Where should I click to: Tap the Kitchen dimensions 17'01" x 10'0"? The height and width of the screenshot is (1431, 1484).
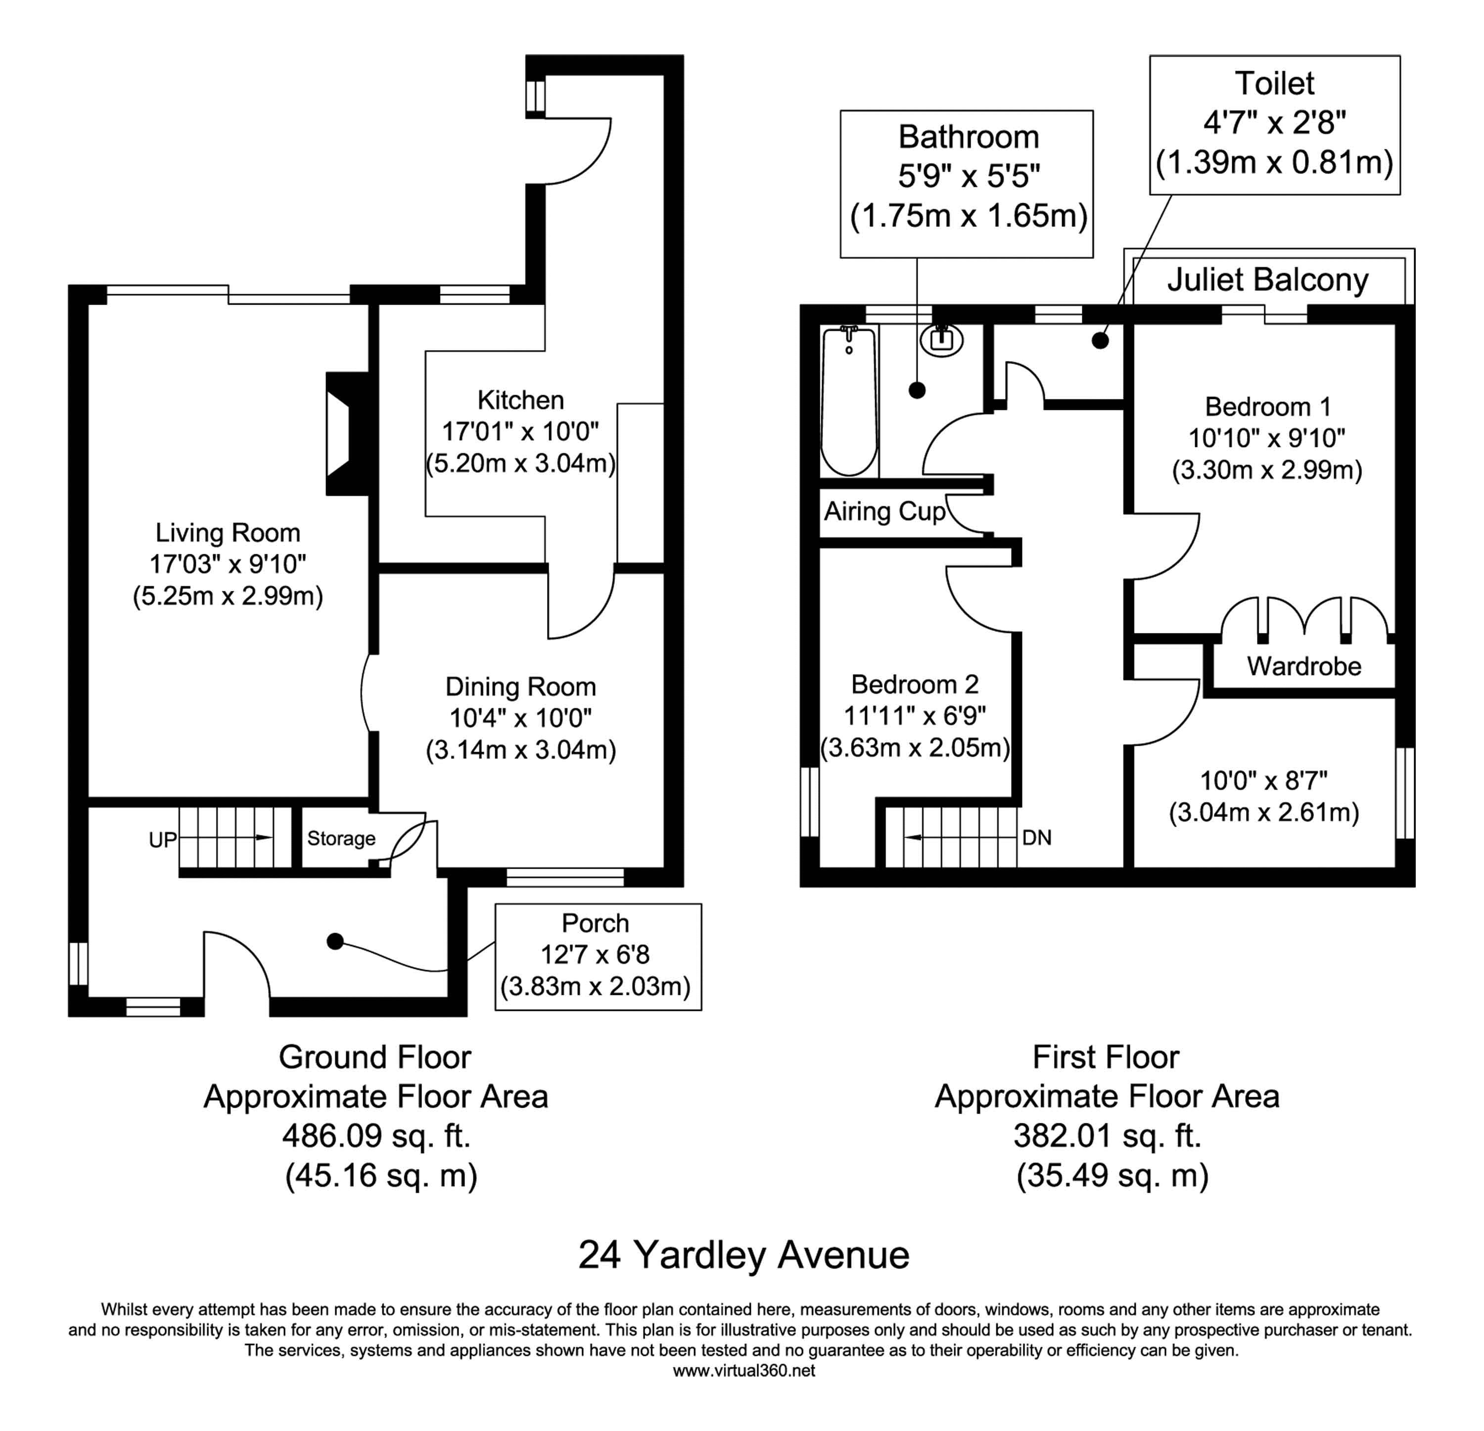[x=520, y=431]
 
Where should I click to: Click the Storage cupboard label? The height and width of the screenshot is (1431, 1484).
[x=341, y=839]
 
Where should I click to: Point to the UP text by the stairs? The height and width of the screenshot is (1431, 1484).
[x=163, y=840]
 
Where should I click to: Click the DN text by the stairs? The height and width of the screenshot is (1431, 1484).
[x=1036, y=838]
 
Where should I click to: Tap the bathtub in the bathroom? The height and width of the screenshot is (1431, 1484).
[x=849, y=401]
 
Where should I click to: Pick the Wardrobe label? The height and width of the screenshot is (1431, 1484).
[x=1304, y=666]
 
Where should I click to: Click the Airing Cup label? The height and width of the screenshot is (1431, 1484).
[x=884, y=512]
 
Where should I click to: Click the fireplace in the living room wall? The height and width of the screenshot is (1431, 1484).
[x=338, y=434]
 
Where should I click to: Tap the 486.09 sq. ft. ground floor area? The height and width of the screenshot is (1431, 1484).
[x=376, y=1136]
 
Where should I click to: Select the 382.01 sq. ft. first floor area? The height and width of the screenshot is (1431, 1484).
[x=1107, y=1136]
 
